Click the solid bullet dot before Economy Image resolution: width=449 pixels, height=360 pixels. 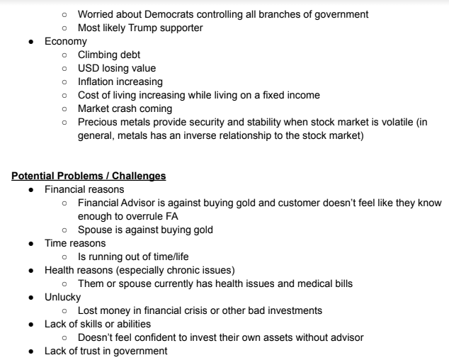(35, 42)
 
